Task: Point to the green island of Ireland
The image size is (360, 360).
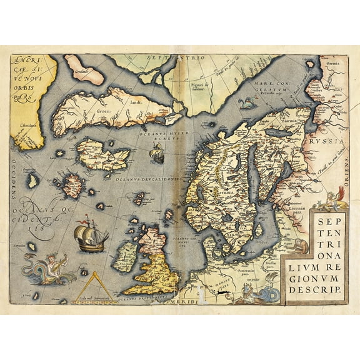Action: coord(129,257)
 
